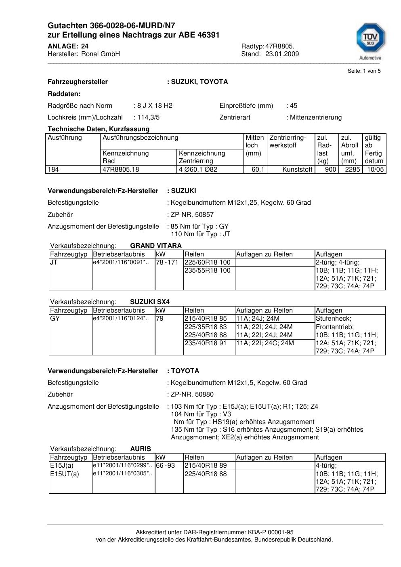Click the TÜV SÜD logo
(x=370, y=41)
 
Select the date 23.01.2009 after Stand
(x=282, y=54)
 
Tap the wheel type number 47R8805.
(x=280, y=46)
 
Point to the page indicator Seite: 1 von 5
(x=364, y=71)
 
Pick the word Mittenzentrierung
(x=316, y=118)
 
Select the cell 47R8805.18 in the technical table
(x=121, y=170)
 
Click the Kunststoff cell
(x=297, y=170)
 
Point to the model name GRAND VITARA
(x=156, y=246)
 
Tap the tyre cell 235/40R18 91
(x=206, y=343)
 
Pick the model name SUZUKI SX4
(x=150, y=302)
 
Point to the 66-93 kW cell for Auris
(x=165, y=466)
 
